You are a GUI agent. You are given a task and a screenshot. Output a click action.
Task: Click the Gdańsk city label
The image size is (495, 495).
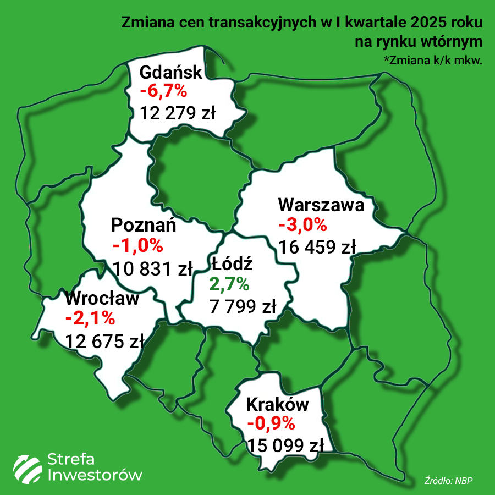tap(171, 73)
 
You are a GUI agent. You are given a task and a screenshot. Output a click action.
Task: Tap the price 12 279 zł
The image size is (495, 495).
tap(178, 113)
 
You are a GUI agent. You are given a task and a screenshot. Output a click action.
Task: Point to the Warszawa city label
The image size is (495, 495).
tap(322, 206)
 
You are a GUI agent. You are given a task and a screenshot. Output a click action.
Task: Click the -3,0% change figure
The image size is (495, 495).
tap(302, 225)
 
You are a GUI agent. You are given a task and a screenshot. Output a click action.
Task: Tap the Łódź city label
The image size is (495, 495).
tap(232, 264)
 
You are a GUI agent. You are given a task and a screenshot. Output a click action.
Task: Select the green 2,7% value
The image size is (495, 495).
tap(229, 284)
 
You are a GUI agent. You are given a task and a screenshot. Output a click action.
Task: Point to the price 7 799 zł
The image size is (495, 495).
tap(243, 306)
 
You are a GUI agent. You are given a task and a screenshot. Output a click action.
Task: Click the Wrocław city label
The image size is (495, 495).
tap(102, 299)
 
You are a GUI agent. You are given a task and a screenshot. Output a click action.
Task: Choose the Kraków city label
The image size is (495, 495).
tap(278, 405)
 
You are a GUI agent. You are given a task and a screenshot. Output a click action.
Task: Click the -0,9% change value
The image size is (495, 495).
tap(271, 424)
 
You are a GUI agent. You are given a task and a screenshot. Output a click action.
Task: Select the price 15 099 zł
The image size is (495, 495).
tap(285, 445)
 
